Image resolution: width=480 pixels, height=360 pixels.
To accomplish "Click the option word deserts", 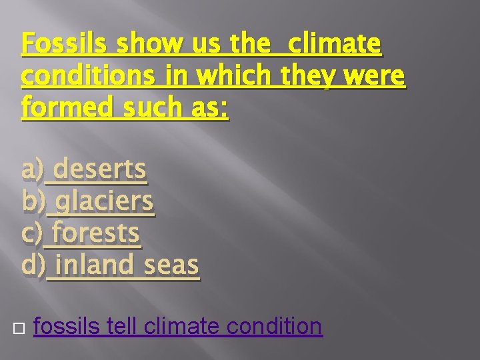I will (100, 170).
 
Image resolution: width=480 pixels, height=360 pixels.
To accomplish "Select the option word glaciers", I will (105, 202).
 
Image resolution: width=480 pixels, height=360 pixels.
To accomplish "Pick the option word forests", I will (96, 234).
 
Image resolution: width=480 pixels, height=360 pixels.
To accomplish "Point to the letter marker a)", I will (33, 170).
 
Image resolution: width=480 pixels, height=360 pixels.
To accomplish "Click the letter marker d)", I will (34, 266).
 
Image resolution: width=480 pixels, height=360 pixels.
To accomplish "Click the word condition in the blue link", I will (274, 327).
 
